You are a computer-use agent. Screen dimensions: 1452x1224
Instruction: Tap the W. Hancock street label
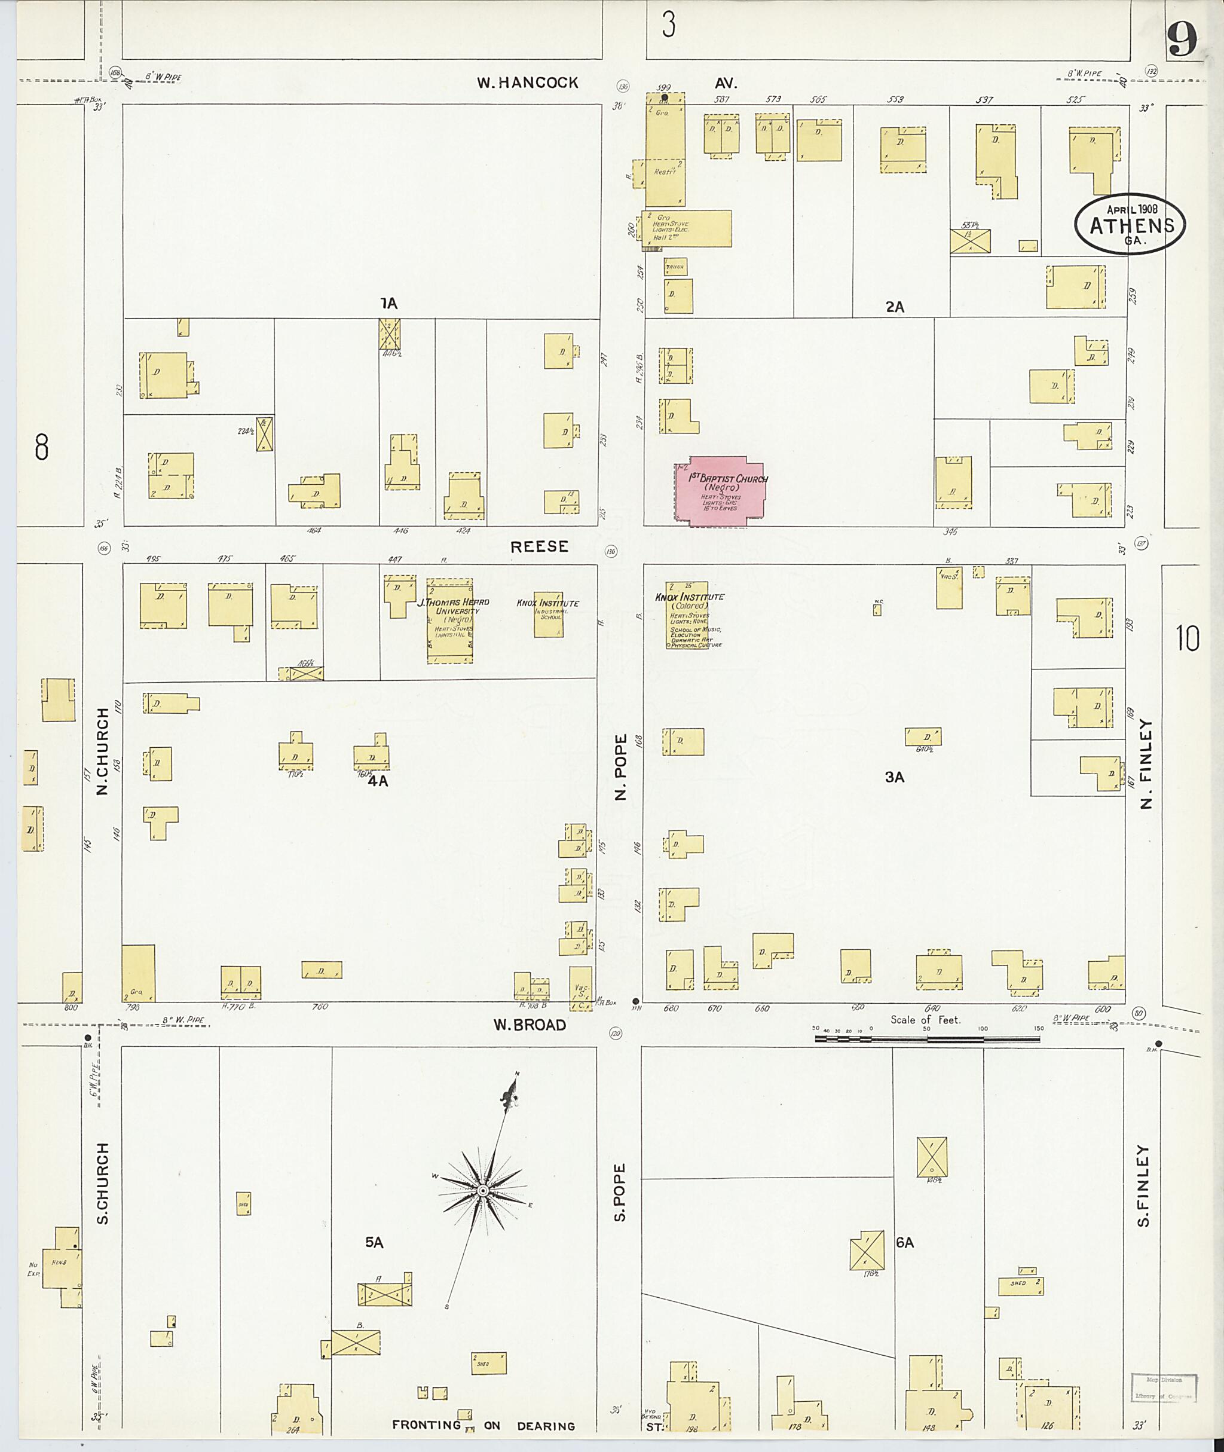527,82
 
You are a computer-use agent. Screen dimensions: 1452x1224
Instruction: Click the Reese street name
539,546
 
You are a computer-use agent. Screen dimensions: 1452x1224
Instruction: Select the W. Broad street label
530,1025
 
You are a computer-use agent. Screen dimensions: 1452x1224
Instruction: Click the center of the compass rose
482,1191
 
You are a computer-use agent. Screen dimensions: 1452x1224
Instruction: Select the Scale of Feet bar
927,1039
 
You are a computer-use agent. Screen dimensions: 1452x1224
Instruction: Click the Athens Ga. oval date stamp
1130,224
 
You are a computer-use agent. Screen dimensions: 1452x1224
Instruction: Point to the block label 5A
374,1242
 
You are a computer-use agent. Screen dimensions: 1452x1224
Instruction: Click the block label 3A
895,777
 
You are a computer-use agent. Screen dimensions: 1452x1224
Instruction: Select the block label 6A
904,1242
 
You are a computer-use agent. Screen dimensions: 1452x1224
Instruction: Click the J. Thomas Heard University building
449,620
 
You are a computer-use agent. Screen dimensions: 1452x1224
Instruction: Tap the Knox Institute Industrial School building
548,613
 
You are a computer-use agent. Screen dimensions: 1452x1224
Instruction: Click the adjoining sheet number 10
1187,638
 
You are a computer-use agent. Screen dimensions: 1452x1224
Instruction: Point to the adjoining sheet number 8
42,447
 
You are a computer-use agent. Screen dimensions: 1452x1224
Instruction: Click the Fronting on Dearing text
484,1426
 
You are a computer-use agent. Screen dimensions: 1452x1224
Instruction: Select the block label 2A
895,307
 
